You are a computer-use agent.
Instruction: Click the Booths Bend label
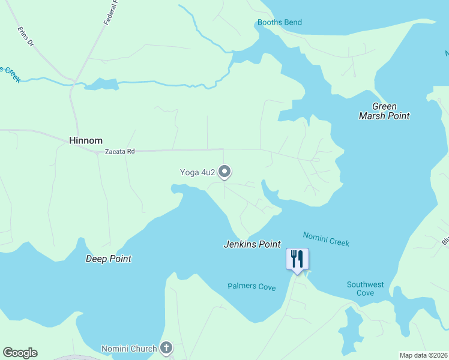(279, 23)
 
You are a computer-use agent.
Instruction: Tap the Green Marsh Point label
(384, 111)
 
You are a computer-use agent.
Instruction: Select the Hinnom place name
(83, 140)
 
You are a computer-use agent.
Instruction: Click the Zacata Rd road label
(119, 152)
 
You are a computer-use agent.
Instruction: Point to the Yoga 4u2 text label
(197, 173)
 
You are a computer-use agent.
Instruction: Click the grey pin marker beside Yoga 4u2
(224, 172)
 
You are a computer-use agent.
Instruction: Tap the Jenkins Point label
(252, 244)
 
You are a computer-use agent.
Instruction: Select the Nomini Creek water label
(326, 239)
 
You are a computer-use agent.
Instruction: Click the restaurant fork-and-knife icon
(297, 259)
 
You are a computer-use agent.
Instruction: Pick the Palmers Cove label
(252, 287)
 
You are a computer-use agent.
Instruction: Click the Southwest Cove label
(365, 289)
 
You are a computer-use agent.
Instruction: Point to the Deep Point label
(109, 259)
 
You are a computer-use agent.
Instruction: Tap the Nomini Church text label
(129, 348)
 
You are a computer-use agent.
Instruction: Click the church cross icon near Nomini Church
(166, 347)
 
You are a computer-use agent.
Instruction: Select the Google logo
(20, 353)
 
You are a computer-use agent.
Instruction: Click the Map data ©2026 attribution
(423, 355)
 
